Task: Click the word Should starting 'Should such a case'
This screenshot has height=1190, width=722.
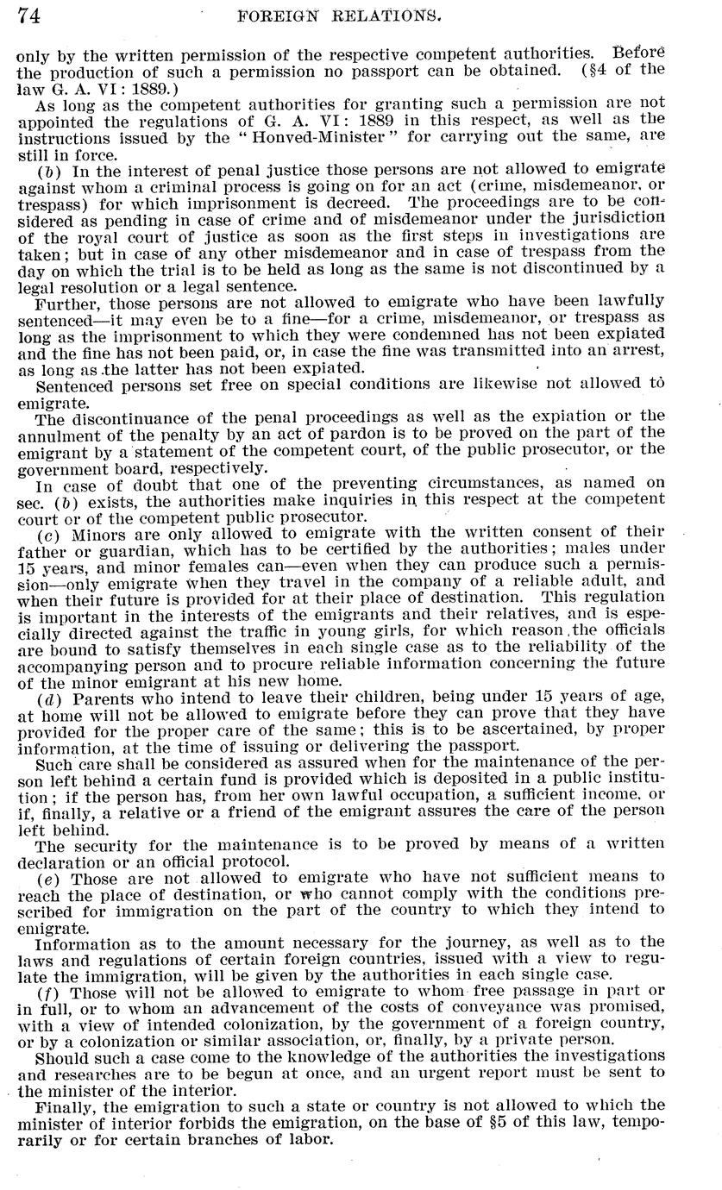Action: point(62,1055)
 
